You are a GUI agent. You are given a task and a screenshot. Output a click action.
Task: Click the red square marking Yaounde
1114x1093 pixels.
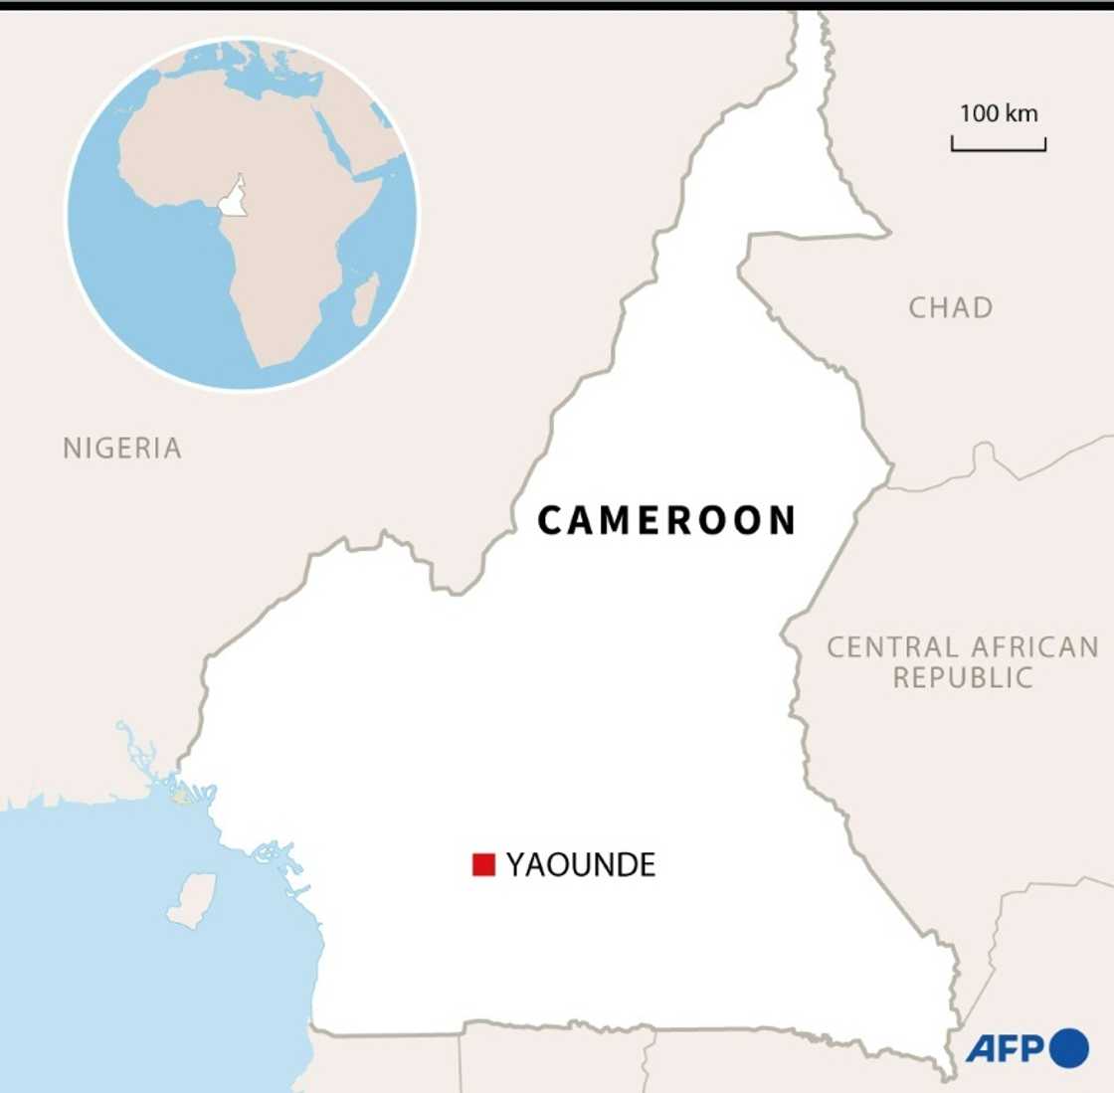483,864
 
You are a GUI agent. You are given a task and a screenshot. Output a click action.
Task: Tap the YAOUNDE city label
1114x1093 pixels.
581,865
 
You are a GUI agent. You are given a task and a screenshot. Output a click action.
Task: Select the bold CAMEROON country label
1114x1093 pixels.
666,520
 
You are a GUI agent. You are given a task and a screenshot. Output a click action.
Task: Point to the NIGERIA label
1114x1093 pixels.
122,449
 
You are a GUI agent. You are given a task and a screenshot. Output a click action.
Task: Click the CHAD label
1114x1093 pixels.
950,308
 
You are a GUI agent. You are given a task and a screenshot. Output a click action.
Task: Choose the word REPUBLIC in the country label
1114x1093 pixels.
963,678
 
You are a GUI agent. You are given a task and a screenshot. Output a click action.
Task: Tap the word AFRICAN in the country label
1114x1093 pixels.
1034,647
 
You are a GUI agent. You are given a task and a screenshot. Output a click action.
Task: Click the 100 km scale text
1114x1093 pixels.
998,113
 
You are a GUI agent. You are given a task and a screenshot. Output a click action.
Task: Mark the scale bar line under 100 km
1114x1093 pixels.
998,149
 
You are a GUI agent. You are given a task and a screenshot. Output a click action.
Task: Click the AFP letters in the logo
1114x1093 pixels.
1005,1048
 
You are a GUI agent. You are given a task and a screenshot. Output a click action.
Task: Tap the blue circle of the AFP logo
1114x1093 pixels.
1068,1048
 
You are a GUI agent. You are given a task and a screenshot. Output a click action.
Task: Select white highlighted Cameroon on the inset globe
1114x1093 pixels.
233,199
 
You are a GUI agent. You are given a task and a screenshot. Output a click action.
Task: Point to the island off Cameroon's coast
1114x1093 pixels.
192,899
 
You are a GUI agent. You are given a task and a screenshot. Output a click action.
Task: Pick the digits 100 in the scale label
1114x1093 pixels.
979,113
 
